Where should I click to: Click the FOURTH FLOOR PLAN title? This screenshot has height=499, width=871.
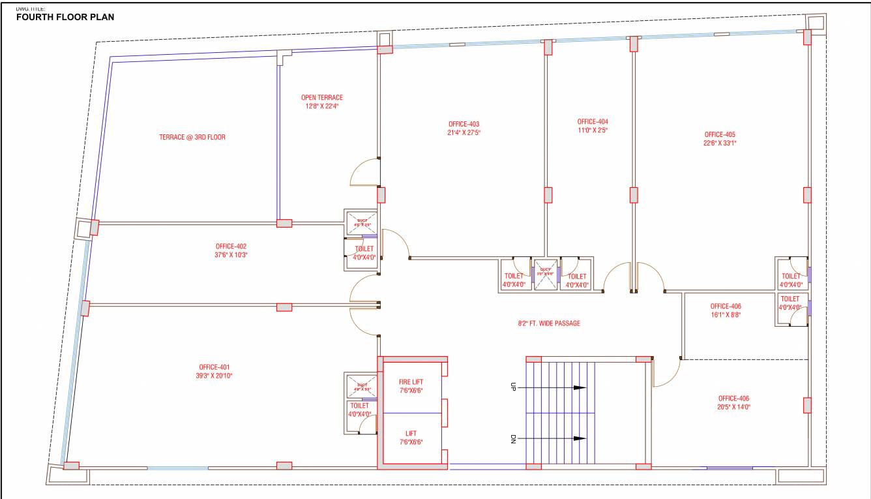[x=65, y=17]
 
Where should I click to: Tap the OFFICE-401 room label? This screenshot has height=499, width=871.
[x=214, y=367]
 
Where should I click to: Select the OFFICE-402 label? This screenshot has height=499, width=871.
[x=231, y=247]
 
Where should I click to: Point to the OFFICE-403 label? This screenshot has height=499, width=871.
[x=464, y=124]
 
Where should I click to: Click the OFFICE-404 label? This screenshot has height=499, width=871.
[x=592, y=121]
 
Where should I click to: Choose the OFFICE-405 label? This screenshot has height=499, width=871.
[x=720, y=134]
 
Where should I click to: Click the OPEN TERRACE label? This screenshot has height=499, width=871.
[x=321, y=98]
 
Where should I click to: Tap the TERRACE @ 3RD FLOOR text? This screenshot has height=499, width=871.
[x=192, y=138]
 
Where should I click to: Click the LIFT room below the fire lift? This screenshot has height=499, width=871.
[x=411, y=434]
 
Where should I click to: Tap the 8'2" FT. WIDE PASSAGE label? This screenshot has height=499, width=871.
[x=545, y=324]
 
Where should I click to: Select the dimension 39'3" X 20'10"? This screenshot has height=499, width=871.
[x=215, y=376]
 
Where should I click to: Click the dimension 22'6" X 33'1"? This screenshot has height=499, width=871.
[x=720, y=143]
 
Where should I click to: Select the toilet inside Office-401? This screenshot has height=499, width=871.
[x=359, y=410]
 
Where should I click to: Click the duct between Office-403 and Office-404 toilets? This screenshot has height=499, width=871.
[x=545, y=273]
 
